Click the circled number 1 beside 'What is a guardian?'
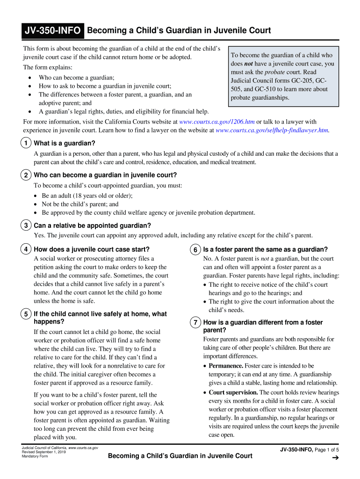click(27, 143)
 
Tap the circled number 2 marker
click(27, 175)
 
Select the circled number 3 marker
click(27, 225)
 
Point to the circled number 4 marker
click(27, 249)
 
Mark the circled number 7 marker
click(196, 322)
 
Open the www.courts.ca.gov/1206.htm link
click(217, 122)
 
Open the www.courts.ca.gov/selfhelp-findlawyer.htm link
click(273, 130)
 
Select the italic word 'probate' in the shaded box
click(274, 72)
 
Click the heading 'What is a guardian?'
click(65, 143)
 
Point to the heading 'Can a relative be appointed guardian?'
click(93, 225)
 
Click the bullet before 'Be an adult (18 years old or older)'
click(36, 196)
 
